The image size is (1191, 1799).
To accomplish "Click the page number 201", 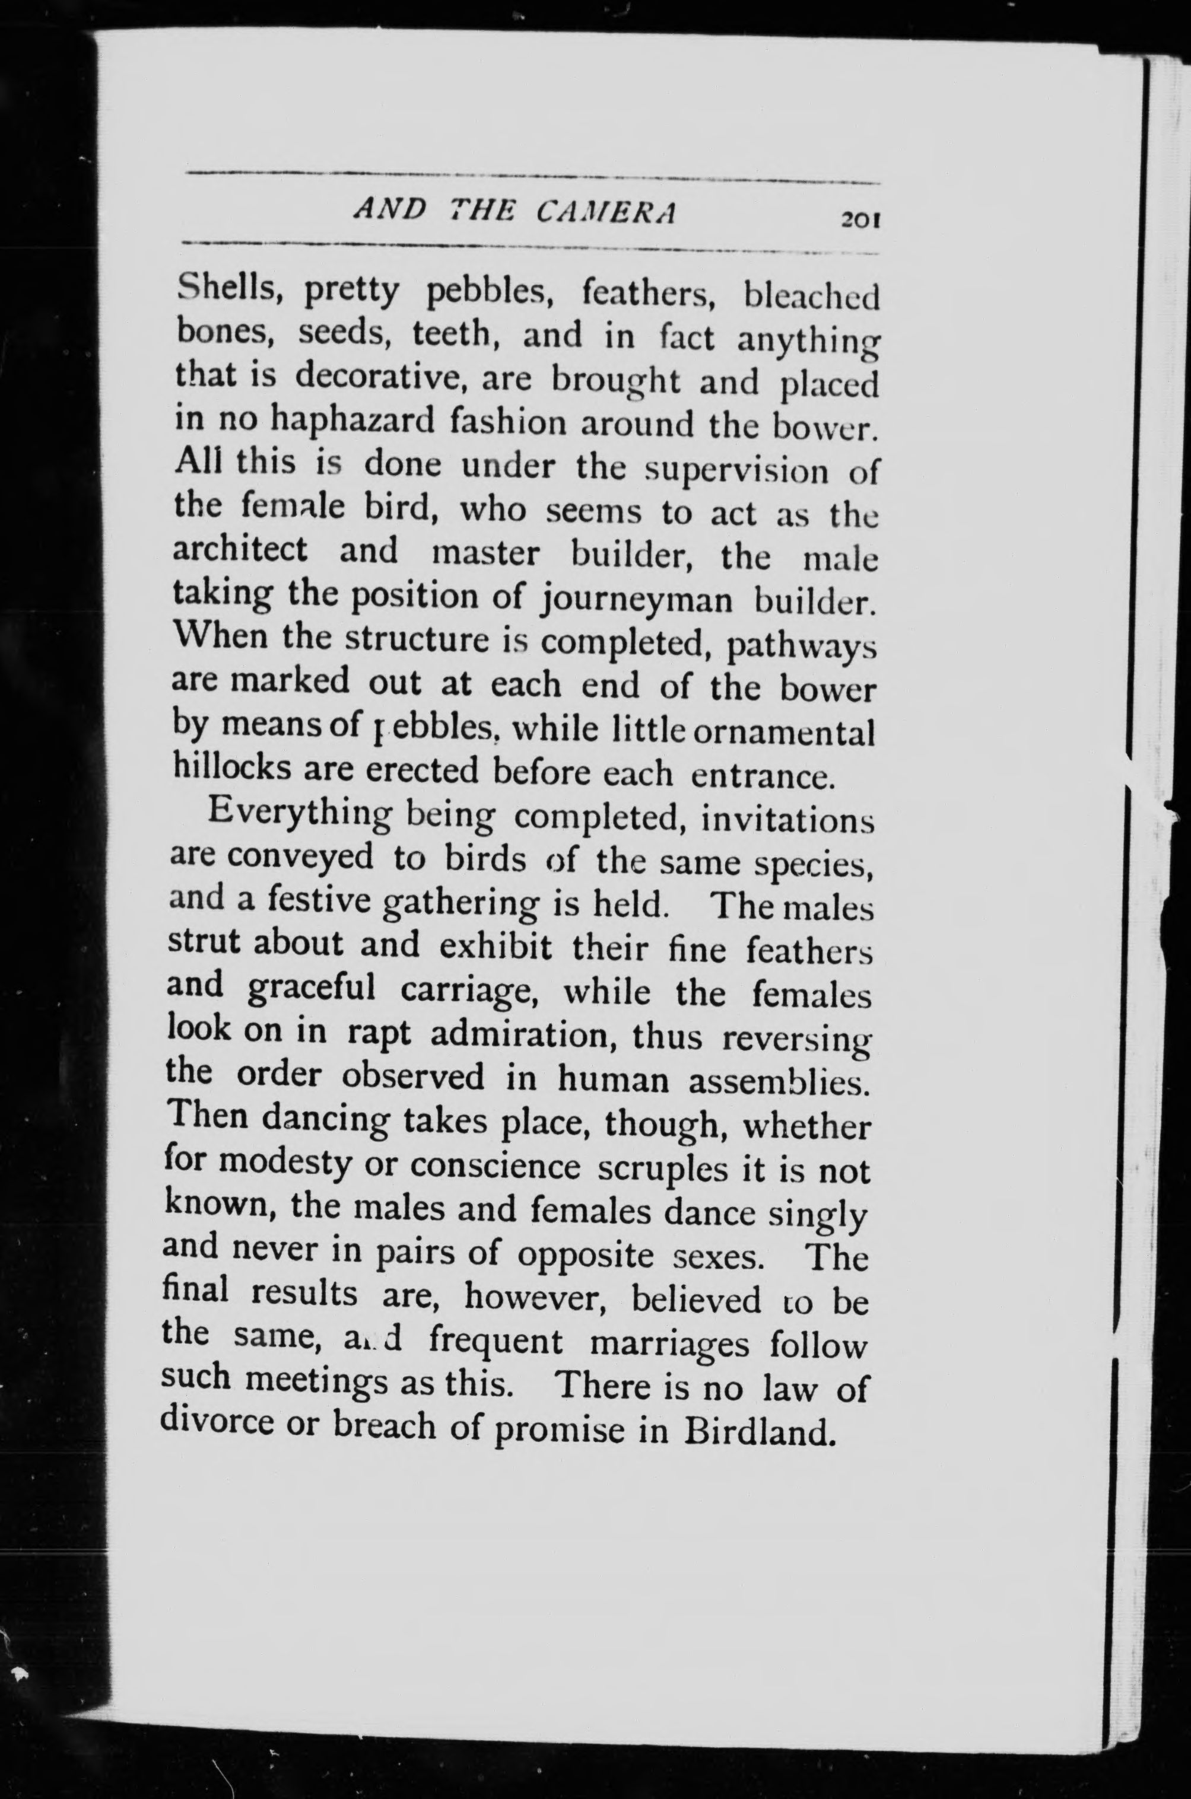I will (859, 220).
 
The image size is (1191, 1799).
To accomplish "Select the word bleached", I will (811, 297).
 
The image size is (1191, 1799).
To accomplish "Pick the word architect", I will (240, 549).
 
